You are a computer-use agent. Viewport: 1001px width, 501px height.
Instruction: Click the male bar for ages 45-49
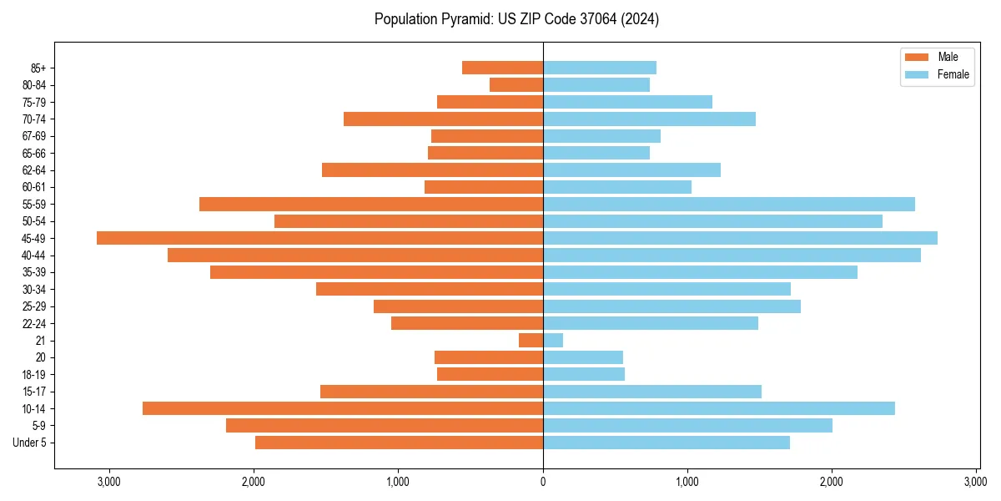319,238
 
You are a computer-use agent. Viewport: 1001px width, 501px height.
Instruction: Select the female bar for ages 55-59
729,204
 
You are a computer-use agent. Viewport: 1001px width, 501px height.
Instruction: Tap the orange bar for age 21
531,341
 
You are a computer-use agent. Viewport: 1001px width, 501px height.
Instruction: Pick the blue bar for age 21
553,341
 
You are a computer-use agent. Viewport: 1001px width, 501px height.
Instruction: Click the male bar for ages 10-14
343,408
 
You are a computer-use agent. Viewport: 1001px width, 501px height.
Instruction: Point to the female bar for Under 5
666,443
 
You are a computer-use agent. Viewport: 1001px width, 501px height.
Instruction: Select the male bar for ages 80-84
516,84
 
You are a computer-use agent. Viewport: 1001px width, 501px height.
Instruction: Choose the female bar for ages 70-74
649,119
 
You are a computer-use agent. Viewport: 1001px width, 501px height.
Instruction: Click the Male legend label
948,57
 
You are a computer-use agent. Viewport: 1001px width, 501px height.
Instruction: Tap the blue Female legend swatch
917,74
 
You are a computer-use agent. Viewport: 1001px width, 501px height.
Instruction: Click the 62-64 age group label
33,170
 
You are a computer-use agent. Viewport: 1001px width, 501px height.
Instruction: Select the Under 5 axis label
30,443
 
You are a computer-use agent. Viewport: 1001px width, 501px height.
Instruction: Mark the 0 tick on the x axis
543,482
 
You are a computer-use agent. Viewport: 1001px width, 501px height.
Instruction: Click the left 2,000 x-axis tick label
254,482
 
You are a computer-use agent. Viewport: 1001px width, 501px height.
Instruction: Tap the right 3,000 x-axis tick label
976,482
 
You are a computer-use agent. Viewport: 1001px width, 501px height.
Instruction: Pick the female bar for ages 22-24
651,323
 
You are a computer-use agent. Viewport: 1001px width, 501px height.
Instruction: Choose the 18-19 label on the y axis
33,374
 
